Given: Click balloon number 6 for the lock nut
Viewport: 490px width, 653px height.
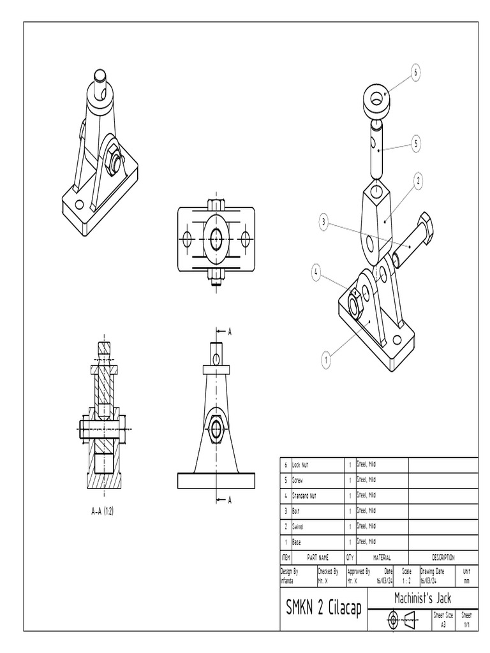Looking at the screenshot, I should tap(415, 73).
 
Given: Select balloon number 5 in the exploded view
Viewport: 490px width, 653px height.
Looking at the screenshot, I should tap(416, 143).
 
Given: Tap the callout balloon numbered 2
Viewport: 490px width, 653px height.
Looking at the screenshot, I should tap(419, 181).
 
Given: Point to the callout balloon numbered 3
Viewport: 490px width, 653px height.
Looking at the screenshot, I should tap(325, 222).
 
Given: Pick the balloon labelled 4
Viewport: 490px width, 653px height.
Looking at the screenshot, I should tap(316, 272).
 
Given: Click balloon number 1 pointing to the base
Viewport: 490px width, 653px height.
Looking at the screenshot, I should tap(326, 360).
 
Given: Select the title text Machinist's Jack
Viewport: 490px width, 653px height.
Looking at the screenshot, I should tap(422, 598).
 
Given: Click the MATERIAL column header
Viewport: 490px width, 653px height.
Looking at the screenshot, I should tap(382, 557).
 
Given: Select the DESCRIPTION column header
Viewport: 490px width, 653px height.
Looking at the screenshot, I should tap(443, 557).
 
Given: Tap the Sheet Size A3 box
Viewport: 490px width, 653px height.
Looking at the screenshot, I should tap(443, 620).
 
